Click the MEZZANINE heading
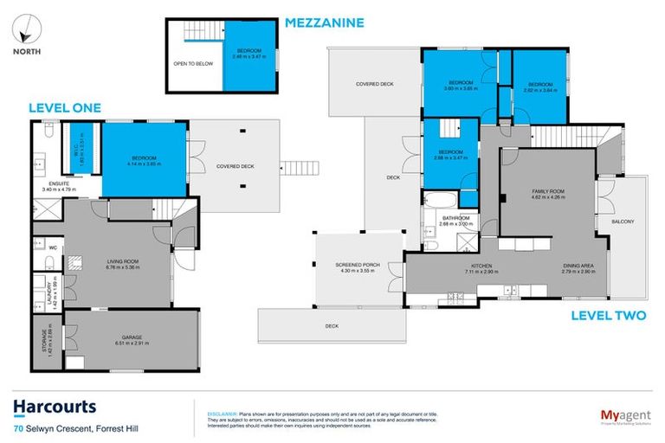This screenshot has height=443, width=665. (x=325, y=22)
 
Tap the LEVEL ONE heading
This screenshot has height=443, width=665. (x=65, y=108)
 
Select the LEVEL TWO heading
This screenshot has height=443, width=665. (x=608, y=316)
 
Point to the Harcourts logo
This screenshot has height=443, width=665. (x=54, y=407)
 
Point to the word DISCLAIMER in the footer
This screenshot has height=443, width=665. (x=213, y=404)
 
